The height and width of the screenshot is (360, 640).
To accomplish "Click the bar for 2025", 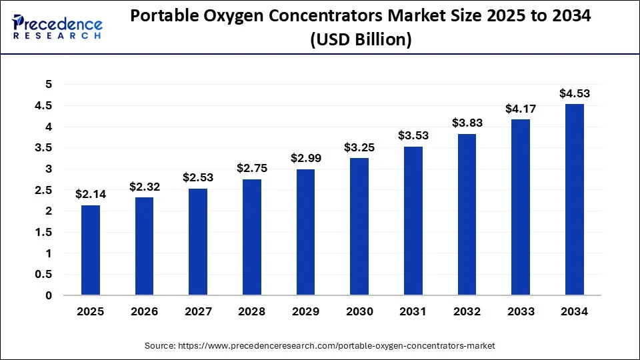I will point(91,250).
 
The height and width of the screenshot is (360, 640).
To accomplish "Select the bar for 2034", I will point(575,199).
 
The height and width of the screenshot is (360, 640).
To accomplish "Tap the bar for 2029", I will point(306,232).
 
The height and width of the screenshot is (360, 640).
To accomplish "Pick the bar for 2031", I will point(413,221).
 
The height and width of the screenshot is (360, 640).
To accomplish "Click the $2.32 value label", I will point(144,187).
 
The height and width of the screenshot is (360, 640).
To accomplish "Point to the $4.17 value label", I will point(521,109).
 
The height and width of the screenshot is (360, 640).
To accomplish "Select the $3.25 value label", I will point(359,147).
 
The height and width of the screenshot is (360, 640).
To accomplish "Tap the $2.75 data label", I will point(252,169).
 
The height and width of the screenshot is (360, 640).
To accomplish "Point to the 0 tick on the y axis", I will point(48,295).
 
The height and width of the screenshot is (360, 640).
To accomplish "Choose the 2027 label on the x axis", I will point(198,312).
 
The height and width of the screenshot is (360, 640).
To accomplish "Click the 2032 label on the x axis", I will point(467,312).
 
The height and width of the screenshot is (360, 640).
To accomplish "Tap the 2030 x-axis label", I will point(359,312).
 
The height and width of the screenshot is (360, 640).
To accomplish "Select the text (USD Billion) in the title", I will point(359,39).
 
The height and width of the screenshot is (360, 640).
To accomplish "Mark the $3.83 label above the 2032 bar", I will point(467,123).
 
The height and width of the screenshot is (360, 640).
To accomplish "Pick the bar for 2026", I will point(144,246).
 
